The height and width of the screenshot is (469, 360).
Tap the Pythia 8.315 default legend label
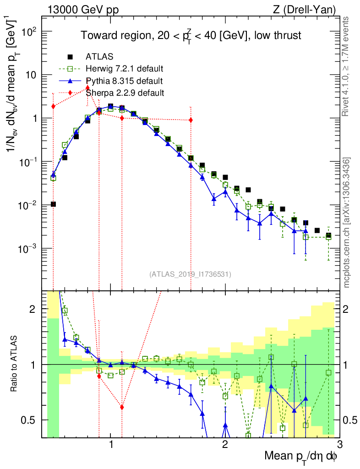(124, 81)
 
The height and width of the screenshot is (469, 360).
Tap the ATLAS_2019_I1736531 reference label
(190, 274)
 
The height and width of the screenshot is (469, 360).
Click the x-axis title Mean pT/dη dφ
(301, 456)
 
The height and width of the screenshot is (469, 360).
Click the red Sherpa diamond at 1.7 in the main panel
(191, 120)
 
